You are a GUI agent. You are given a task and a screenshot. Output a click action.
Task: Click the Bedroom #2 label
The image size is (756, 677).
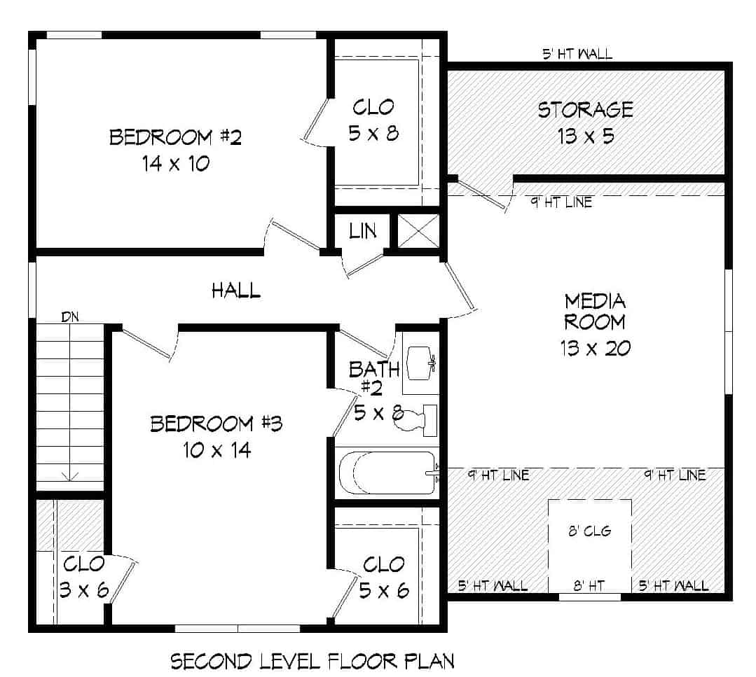[175, 137]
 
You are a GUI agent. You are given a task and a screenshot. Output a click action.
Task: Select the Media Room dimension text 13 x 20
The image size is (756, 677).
[595, 348]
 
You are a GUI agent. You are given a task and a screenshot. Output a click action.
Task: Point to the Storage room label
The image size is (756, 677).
[585, 110]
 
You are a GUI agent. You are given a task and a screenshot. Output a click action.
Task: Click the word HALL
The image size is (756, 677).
[236, 291]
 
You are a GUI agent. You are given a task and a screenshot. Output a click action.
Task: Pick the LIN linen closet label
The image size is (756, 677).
[363, 230]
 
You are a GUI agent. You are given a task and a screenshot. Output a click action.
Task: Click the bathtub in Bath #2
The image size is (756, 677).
[386, 473]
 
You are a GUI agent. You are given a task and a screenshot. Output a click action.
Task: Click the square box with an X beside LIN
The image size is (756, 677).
[418, 230]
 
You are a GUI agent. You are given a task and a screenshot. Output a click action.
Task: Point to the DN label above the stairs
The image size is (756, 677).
[70, 316]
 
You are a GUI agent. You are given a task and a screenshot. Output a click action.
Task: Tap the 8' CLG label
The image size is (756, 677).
[589, 531]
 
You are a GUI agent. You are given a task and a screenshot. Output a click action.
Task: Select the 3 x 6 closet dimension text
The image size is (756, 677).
[83, 590]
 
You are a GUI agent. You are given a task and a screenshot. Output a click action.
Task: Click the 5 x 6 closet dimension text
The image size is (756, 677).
[383, 590]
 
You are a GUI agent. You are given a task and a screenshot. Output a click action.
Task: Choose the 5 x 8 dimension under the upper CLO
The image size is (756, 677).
[373, 133]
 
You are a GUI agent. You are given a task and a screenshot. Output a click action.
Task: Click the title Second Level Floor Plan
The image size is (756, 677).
[312, 661]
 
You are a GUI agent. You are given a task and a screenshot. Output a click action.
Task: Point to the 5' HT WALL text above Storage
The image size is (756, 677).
[577, 54]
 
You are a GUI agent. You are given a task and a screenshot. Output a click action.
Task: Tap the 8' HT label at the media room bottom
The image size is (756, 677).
[589, 585]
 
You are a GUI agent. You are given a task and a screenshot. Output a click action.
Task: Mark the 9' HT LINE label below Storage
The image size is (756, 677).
[561, 203]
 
